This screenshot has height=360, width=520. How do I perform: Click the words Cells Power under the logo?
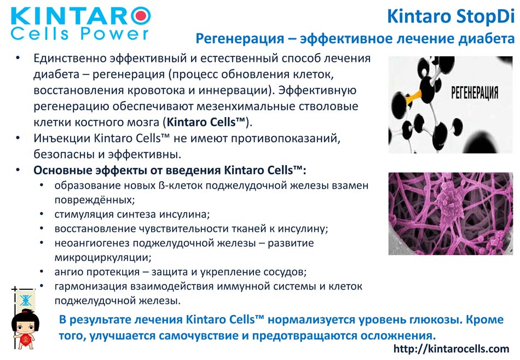tap(80, 34)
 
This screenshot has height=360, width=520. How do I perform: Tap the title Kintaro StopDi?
tap(450, 16)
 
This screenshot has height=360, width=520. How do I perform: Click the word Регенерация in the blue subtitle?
tap(239, 39)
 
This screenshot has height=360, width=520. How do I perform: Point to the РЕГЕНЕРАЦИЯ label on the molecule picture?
tap(475, 93)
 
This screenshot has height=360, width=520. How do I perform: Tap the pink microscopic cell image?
tap(450, 213)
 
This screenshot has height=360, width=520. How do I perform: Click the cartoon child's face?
tap(25, 326)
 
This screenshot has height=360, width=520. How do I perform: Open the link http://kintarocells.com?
tap(451, 349)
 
